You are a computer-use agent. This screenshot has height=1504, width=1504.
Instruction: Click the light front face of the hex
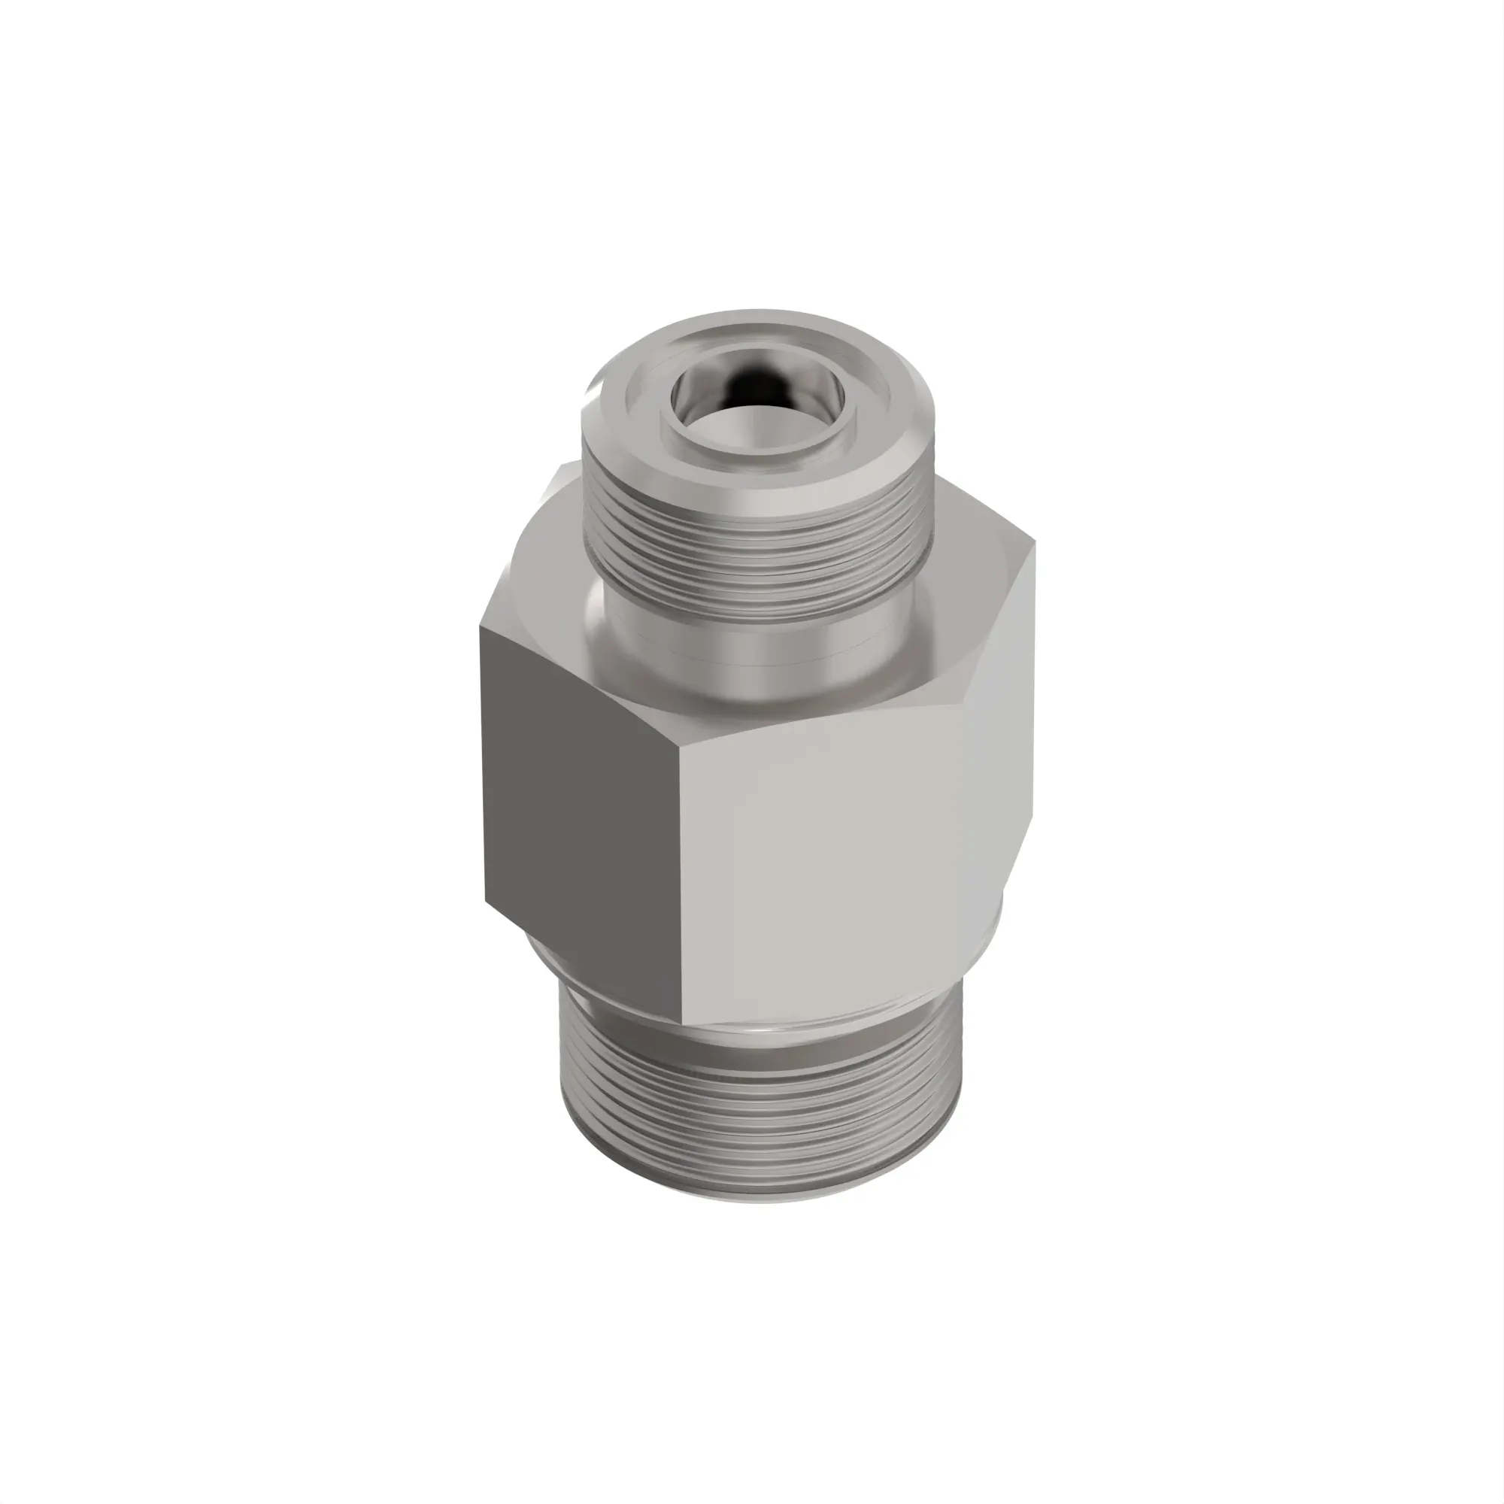[825, 857]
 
